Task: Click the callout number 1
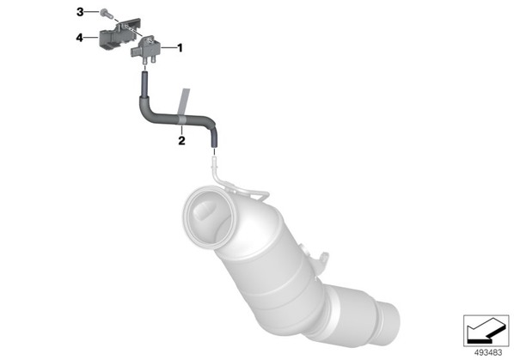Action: [x=180, y=48]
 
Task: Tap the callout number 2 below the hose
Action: [x=181, y=141]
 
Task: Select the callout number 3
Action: [x=80, y=12]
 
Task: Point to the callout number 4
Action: [x=80, y=38]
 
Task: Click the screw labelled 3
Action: [x=107, y=14]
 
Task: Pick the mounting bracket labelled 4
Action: [x=120, y=34]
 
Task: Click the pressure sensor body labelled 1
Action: [x=144, y=48]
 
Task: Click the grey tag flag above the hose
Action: [x=184, y=101]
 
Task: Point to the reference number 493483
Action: [x=488, y=353]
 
